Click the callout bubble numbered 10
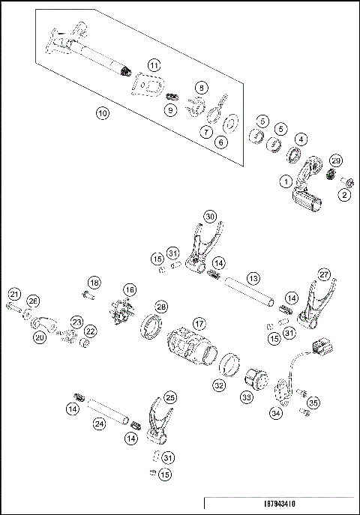(x=103, y=114)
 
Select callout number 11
(x=153, y=65)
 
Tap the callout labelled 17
(x=199, y=324)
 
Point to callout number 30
(x=210, y=216)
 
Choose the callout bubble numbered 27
(x=324, y=274)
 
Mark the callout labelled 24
(x=99, y=424)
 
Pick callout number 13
(x=253, y=278)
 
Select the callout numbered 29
(x=336, y=161)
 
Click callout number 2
(x=344, y=195)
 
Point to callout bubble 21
(x=14, y=293)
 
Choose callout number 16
(x=130, y=289)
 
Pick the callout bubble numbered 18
(x=94, y=282)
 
